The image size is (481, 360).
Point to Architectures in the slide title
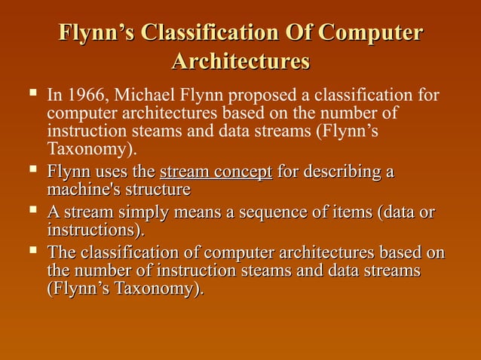pyautogui.click(x=240, y=61)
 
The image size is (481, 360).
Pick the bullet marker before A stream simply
pyautogui.click(x=32, y=212)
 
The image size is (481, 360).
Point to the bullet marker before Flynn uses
pyautogui.click(x=32, y=170)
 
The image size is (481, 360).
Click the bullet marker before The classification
pyautogui.click(x=32, y=253)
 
